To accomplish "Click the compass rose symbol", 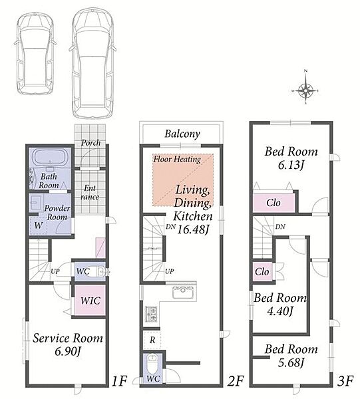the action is (305, 90).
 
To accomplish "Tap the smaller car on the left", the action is (35, 53).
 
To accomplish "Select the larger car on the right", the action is (92, 63).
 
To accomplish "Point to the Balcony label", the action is (182, 134).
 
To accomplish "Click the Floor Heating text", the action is (177, 160).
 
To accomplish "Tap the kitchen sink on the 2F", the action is (183, 293).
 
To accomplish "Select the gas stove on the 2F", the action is (151, 314).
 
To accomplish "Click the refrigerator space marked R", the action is (152, 340).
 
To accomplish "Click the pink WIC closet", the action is (90, 301).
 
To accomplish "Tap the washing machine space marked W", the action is (38, 225).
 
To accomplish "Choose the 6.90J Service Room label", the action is (68, 344).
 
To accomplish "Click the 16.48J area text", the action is (192, 230).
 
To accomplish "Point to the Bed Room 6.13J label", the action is (291, 158).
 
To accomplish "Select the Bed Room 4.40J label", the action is (280, 305).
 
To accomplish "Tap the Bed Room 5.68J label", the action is (291, 356).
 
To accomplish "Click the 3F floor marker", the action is (345, 381).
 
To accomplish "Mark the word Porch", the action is (90, 143).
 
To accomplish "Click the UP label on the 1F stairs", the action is (55, 271).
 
